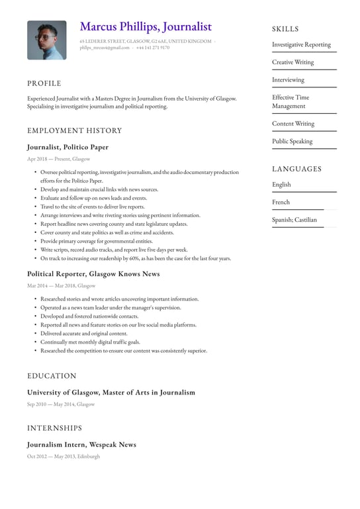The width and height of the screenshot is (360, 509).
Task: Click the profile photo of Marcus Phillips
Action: (46, 40)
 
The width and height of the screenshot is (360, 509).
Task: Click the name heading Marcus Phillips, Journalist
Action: (146, 26)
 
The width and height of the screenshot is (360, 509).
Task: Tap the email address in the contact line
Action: (105, 48)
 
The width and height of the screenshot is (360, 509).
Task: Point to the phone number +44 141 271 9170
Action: (153, 48)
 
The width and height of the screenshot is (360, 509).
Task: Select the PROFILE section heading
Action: (44, 83)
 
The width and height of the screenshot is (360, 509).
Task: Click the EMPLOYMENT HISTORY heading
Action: (75, 130)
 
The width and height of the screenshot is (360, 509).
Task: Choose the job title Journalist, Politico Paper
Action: (67, 147)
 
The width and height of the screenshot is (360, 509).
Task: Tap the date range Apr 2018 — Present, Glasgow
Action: (58, 159)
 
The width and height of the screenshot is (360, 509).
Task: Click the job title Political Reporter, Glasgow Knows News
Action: (93, 273)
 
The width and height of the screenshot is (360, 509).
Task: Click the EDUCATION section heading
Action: (52, 376)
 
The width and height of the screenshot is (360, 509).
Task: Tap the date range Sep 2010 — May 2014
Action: (61, 404)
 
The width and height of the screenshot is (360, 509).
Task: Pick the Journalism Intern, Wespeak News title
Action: (81, 445)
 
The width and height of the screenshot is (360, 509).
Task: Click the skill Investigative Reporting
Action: (301, 45)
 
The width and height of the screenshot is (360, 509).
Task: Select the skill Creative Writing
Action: (293, 62)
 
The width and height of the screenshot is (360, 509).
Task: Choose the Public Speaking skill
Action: (292, 141)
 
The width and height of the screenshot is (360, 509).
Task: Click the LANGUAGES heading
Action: (296, 169)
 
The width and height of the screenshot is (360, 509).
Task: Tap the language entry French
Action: (281, 202)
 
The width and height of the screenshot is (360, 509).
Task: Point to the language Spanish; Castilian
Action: (294, 220)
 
